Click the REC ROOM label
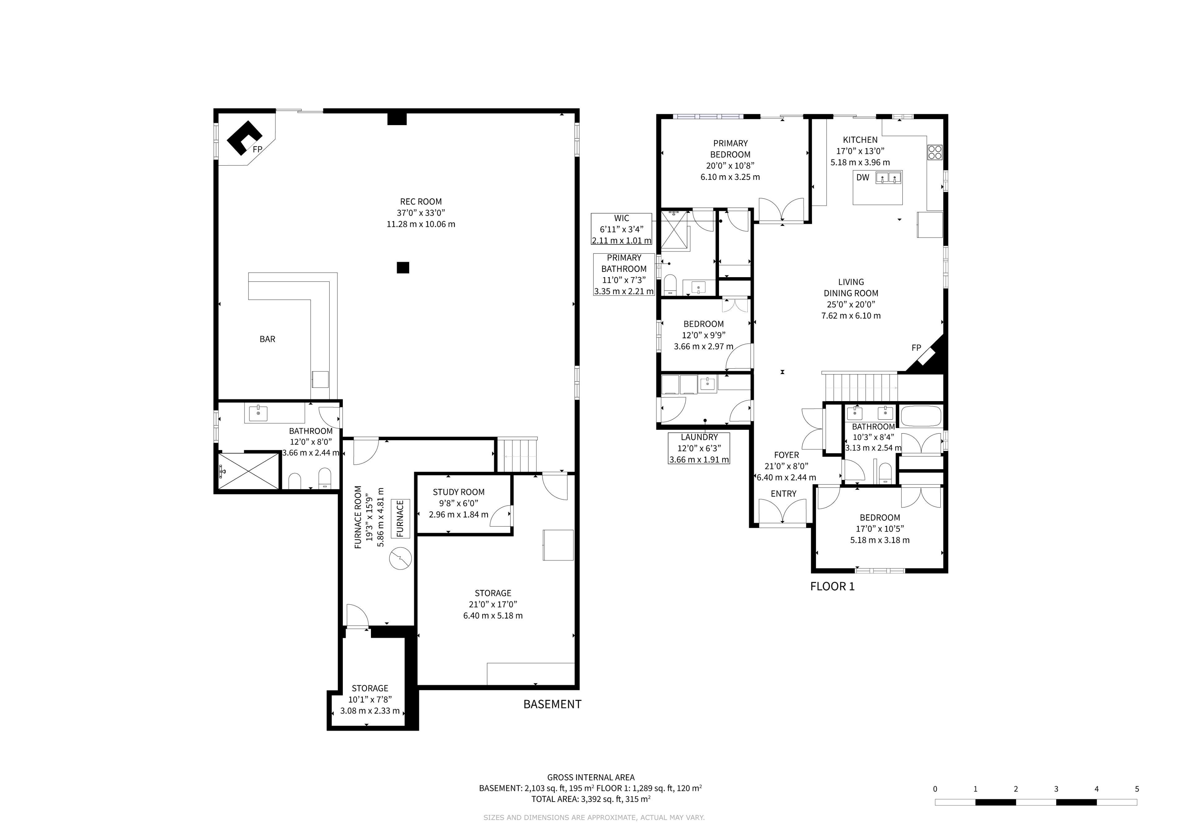pyautogui.click(x=421, y=201)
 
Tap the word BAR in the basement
pyautogui.click(x=267, y=339)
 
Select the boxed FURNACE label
pyautogui.click(x=400, y=519)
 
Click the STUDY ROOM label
pyautogui.click(x=458, y=492)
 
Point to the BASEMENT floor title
pyautogui.click(x=552, y=704)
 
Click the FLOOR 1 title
pyautogui.click(x=832, y=586)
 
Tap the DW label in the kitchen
pyautogui.click(x=863, y=177)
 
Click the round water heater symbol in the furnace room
pyautogui.click(x=401, y=558)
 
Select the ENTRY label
pyautogui.click(x=784, y=494)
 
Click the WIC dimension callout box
pyautogui.click(x=621, y=229)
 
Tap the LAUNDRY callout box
pyautogui.click(x=699, y=448)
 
